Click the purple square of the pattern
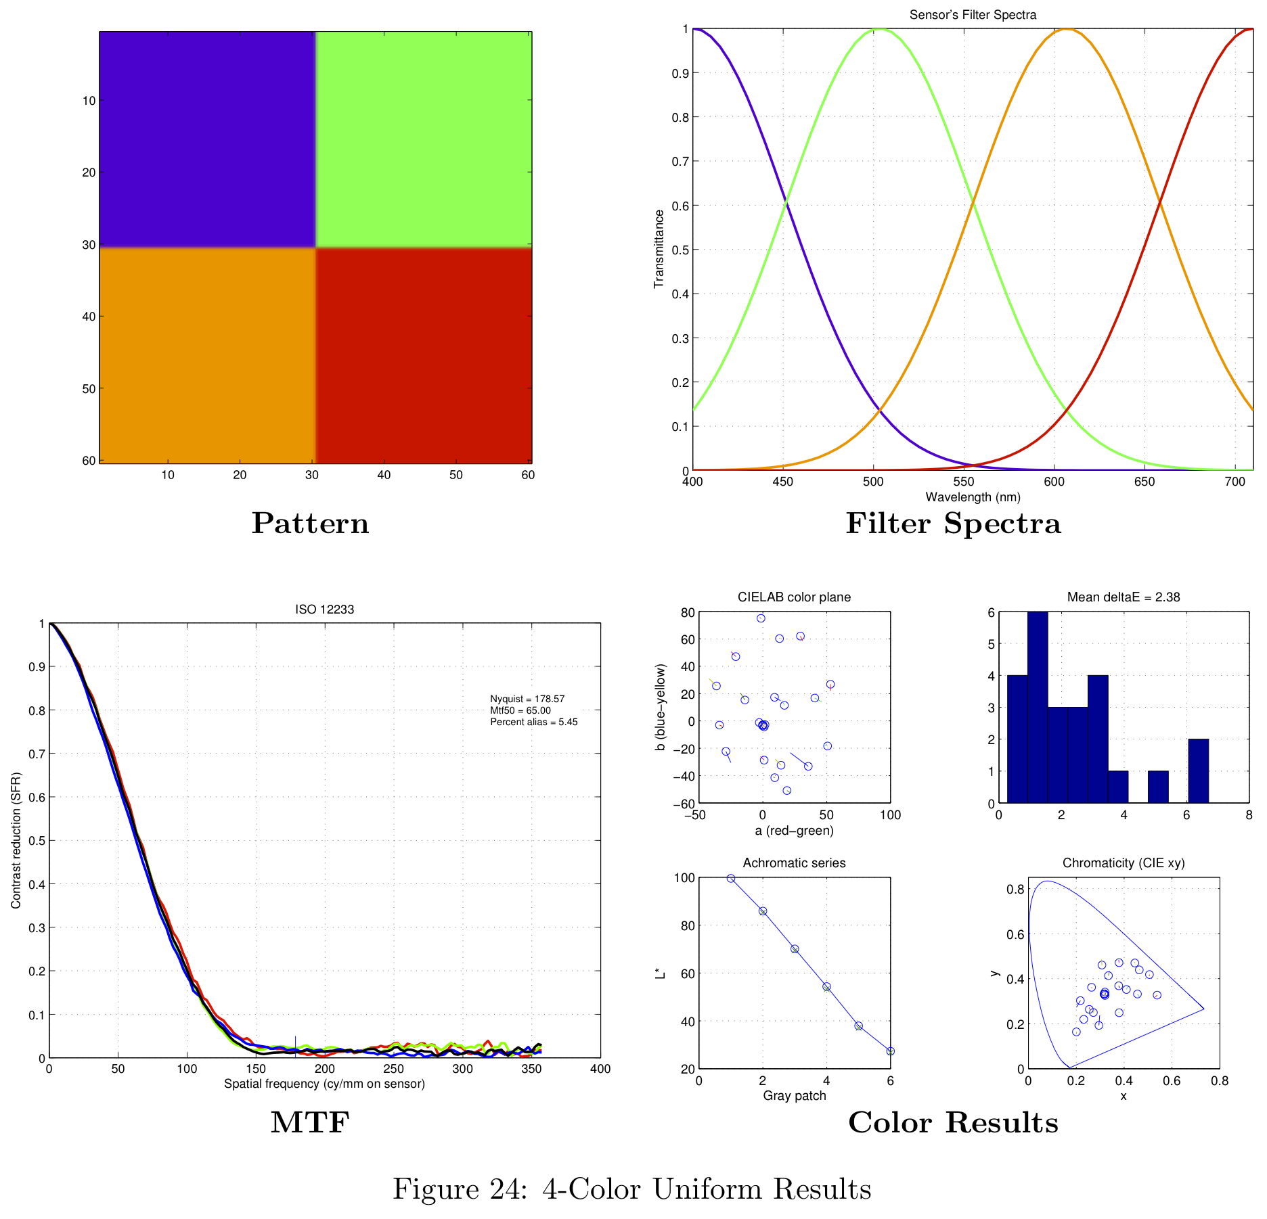click(x=207, y=139)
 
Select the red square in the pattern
click(x=424, y=356)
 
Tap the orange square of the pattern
click(x=207, y=356)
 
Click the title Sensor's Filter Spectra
click(x=973, y=15)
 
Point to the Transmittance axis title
click(x=659, y=249)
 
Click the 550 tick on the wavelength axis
click(x=964, y=482)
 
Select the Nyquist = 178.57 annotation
click(x=527, y=699)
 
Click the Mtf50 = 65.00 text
click(x=520, y=710)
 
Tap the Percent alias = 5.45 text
click(x=533, y=722)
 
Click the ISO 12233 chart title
click(x=324, y=609)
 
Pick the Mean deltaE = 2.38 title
click(x=1124, y=597)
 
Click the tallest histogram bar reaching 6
click(x=1038, y=708)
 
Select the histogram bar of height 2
click(x=1198, y=771)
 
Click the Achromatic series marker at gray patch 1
click(x=731, y=878)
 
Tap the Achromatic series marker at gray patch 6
click(x=890, y=1051)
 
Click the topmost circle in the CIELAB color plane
click(x=761, y=618)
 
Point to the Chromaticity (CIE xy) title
click(x=1124, y=863)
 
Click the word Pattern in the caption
click(x=310, y=524)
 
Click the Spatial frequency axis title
click(x=324, y=1084)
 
